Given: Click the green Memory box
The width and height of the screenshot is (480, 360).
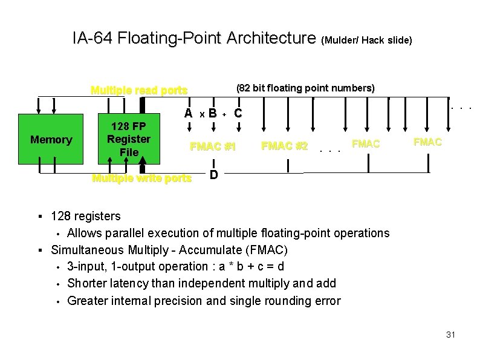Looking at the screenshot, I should (51, 140).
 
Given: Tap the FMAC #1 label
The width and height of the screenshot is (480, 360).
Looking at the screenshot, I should (212, 146).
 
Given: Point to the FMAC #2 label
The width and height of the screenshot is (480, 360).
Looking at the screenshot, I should (284, 146).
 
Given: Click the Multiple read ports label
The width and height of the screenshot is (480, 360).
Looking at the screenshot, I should (138, 91).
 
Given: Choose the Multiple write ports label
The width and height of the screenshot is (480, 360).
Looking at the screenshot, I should (141, 178).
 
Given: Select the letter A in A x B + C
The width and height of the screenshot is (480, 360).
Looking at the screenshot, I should (189, 113).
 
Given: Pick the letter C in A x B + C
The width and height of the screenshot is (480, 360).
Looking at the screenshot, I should (238, 113).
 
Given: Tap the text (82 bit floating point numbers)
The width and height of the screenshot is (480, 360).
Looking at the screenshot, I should (305, 88).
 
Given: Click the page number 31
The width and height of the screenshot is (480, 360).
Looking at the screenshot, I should (450, 335).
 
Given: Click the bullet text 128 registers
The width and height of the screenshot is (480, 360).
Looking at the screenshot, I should (86, 216).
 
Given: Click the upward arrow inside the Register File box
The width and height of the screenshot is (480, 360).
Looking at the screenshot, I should (110, 156).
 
